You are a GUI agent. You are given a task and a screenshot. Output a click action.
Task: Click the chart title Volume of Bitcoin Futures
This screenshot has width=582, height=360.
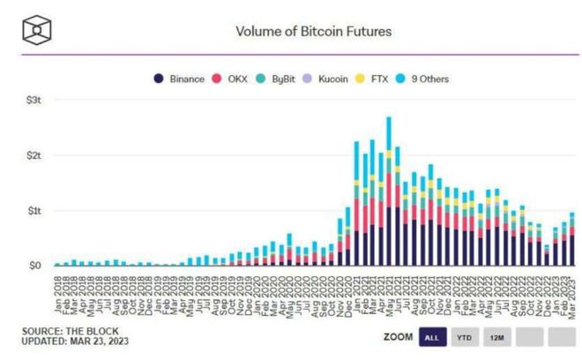[313, 31]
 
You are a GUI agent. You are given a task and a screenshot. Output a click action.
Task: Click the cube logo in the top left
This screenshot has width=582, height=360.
[36, 31]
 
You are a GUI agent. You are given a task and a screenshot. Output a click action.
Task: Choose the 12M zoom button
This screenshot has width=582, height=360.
[497, 336]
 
